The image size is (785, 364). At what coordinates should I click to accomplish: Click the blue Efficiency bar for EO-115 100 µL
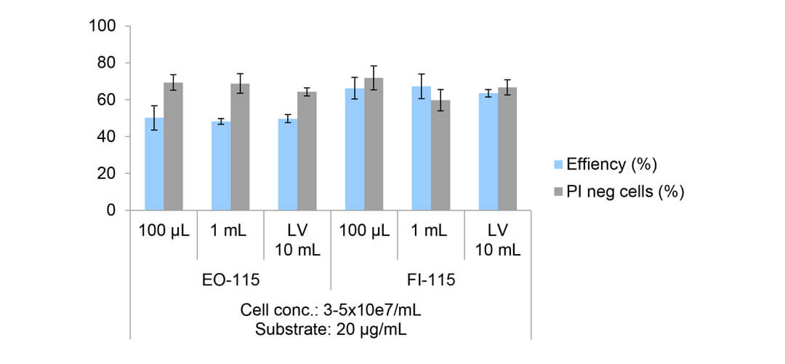click(154, 165)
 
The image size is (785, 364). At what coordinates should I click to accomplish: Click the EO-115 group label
click(230, 280)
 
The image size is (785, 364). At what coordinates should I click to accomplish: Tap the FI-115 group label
click(430, 280)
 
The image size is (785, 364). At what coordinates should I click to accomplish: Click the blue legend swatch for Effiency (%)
click(558, 165)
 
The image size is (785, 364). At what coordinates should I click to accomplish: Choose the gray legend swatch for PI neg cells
click(558, 191)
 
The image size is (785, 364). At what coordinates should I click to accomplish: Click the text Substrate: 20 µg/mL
click(330, 328)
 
